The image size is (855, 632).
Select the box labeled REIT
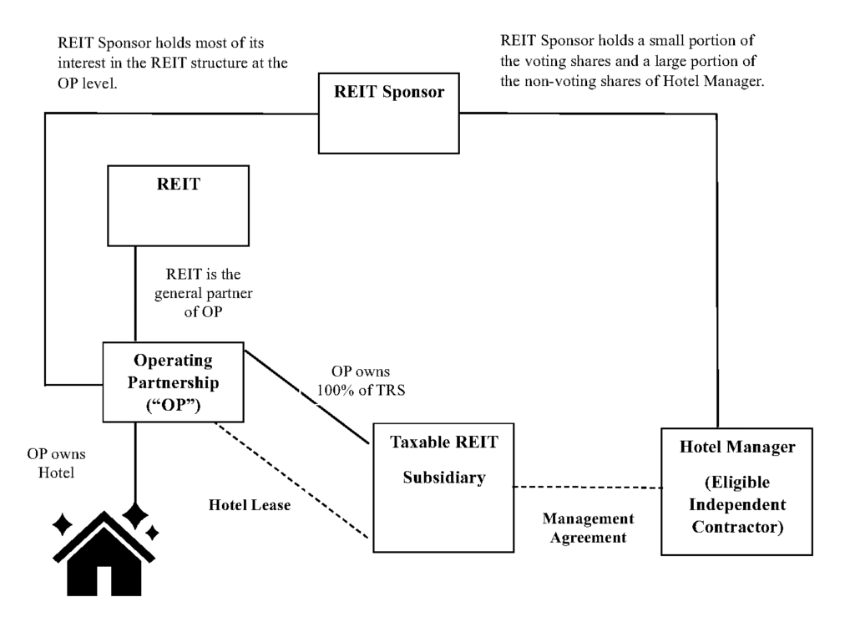click(x=179, y=205)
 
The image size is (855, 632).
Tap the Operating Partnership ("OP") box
click(x=173, y=382)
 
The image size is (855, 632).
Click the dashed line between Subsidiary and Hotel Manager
click(x=584, y=487)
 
